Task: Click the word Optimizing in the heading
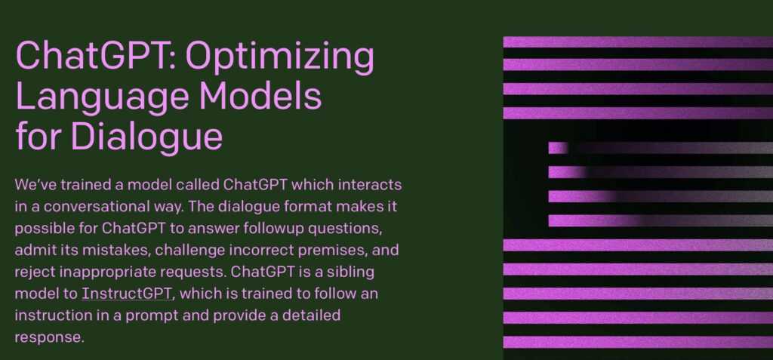tap(279, 57)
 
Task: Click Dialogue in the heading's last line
tap(147, 137)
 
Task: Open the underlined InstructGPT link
tap(127, 294)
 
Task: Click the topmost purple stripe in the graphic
tap(638, 42)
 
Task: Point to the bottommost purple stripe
tap(638, 342)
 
